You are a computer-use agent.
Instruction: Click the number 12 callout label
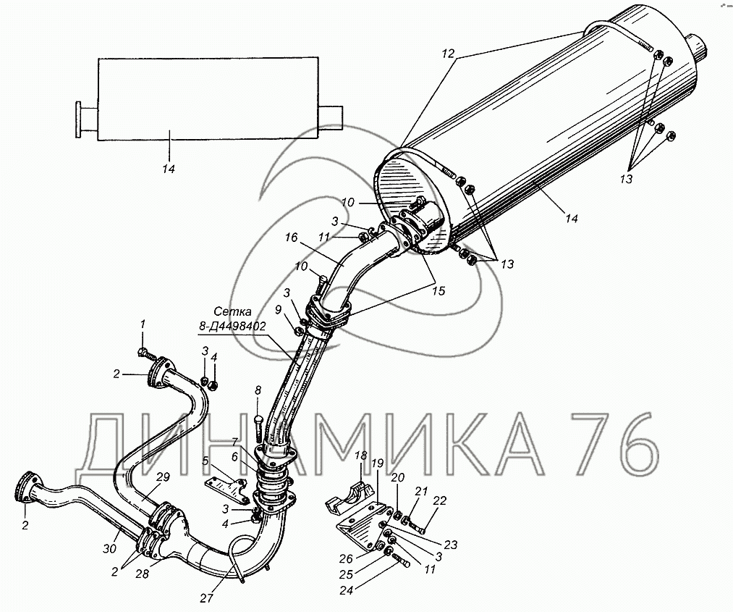tap(448, 54)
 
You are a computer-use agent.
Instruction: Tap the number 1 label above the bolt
tap(143, 324)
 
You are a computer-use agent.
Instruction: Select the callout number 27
tap(207, 598)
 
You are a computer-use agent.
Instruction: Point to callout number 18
tap(361, 456)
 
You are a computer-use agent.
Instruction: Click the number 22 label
tap(439, 500)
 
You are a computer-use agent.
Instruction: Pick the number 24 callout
tap(347, 590)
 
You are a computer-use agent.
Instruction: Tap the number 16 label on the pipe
tap(291, 238)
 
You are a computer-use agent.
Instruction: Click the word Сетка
tap(232, 311)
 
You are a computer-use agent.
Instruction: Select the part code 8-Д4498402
tap(232, 326)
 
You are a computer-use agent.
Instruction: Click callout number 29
tap(163, 477)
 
